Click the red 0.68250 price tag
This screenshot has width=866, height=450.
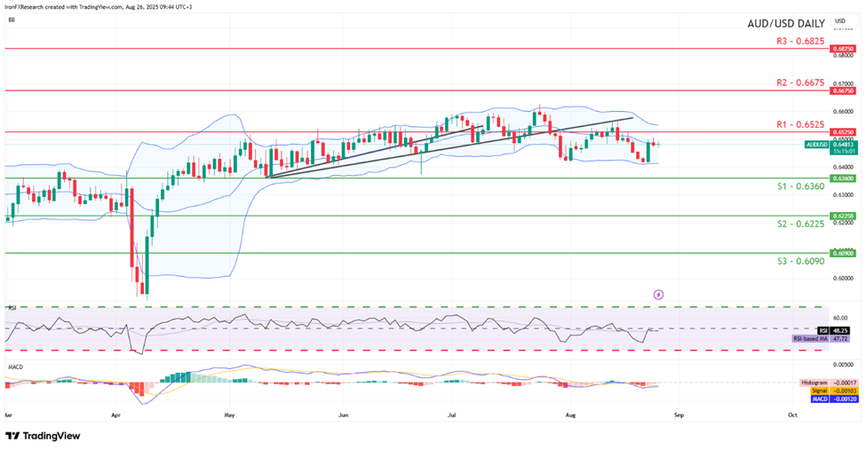(x=843, y=50)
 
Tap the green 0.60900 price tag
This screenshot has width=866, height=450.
(x=843, y=253)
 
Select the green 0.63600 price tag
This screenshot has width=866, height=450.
(x=843, y=178)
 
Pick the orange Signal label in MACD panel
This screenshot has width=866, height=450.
(x=820, y=390)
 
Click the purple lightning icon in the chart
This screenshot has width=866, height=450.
(x=658, y=293)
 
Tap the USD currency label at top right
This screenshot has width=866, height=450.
(x=840, y=20)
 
